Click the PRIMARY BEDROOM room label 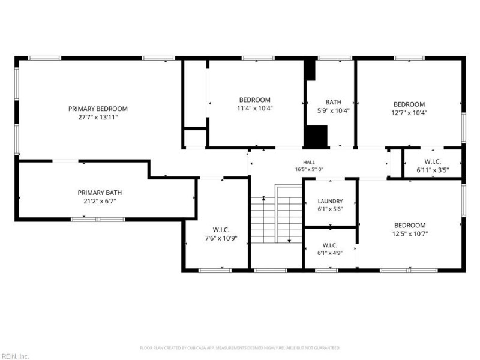tap(98, 109)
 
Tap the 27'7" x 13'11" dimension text tap(98, 117)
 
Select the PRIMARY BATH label tap(100, 193)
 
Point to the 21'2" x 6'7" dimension tap(100, 201)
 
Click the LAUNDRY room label tap(331, 201)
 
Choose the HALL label tap(309, 162)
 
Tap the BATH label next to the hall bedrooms tap(334, 102)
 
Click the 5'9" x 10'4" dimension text tap(334, 110)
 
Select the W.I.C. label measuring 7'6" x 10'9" tap(221, 230)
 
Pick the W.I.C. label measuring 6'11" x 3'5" tap(433, 161)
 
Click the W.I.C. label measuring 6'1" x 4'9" tap(330, 245)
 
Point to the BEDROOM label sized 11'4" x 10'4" tap(254, 100)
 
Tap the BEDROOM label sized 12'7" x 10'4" tap(409, 104)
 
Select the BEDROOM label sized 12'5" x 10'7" tap(410, 226)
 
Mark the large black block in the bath tap(316, 136)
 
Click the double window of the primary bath tap(98, 219)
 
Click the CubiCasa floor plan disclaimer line tap(240, 348)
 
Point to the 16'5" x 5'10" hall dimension tap(309, 169)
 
